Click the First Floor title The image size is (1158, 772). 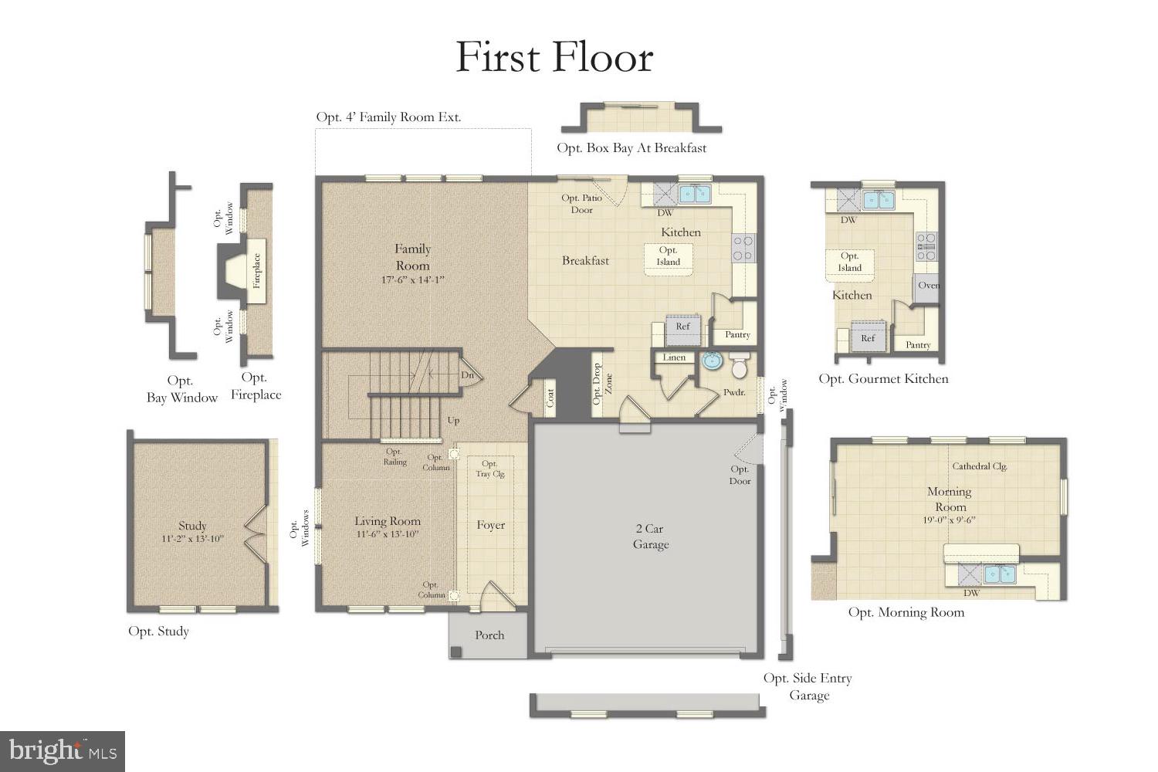(x=554, y=57)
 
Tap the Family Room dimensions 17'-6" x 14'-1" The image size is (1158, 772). (x=413, y=280)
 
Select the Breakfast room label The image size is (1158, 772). (x=585, y=261)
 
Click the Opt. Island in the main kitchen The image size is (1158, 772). (x=669, y=256)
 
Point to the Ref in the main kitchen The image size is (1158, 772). (x=682, y=327)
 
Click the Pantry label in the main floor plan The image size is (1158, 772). (x=737, y=334)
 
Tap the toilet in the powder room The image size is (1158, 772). (x=740, y=367)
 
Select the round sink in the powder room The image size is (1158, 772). (x=711, y=361)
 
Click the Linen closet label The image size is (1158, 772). (x=674, y=357)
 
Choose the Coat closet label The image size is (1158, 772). (x=550, y=398)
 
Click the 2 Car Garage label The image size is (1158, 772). (x=651, y=537)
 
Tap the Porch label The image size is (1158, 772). (x=489, y=635)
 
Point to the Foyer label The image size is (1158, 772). (x=491, y=526)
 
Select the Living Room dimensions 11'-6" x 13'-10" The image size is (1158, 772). (x=388, y=534)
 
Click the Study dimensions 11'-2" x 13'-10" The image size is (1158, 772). (x=192, y=539)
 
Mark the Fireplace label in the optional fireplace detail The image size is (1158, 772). (x=257, y=271)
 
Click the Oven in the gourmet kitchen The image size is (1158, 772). (x=927, y=286)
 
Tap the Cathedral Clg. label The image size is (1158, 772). (x=979, y=466)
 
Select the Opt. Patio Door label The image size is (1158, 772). (x=581, y=204)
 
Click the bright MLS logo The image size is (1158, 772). (x=63, y=751)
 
